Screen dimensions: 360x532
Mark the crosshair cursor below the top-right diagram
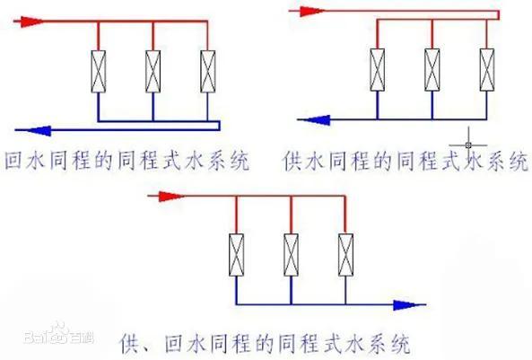tap(468, 144)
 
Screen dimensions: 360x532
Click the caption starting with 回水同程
tap(126, 162)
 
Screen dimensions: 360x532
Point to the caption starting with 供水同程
tap(405, 162)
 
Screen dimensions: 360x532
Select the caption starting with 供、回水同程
tap(265, 343)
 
